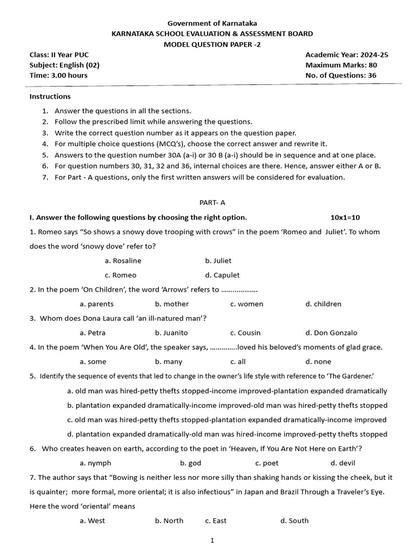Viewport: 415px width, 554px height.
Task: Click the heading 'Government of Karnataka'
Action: click(212, 23)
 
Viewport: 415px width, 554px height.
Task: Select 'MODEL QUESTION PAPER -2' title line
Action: click(212, 44)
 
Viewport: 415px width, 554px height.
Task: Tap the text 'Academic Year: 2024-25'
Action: click(346, 55)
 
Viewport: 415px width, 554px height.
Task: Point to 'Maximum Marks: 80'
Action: click(341, 65)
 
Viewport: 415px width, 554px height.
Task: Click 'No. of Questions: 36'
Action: click(340, 75)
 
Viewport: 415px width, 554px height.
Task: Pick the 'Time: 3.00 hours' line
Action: click(58, 75)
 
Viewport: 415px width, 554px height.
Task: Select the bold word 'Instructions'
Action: click(50, 96)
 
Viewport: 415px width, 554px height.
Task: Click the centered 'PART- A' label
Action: click(212, 202)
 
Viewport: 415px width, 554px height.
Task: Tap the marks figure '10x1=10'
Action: click(345, 217)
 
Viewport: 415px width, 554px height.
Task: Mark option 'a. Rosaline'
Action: click(123, 260)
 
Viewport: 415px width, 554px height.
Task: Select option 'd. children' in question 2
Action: click(323, 304)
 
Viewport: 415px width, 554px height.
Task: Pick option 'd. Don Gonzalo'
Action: click(331, 333)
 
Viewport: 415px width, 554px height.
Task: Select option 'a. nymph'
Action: click(95, 463)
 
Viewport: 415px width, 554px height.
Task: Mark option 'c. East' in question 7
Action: click(216, 520)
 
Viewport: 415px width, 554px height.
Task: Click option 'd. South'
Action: click(294, 520)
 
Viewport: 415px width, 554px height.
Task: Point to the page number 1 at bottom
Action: click(212, 540)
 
